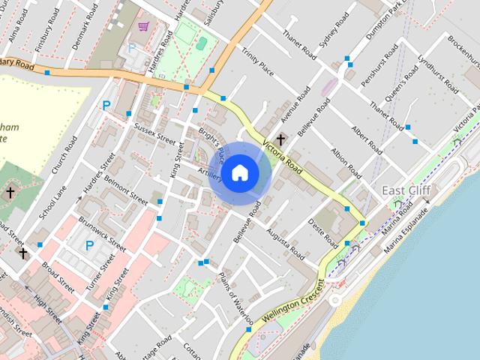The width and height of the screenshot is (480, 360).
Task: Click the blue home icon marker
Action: pyautogui.click(x=239, y=172)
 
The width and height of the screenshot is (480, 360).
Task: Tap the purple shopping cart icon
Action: pyautogui.click(x=142, y=27)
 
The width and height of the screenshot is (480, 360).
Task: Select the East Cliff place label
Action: pyautogui.click(x=405, y=190)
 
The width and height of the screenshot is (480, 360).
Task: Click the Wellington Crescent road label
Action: pyautogui.click(x=289, y=307)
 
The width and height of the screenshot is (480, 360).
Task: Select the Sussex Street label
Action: pyautogui.click(x=154, y=133)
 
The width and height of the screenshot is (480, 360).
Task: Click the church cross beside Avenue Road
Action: pyautogui.click(x=281, y=139)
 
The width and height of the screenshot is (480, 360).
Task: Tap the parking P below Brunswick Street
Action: pyautogui.click(x=89, y=245)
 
